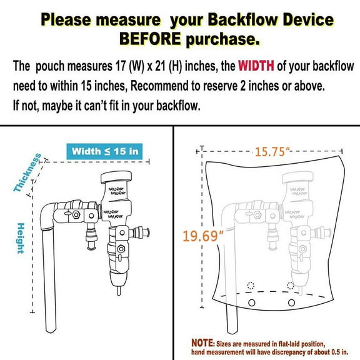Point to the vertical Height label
pyautogui.click(x=21, y=237)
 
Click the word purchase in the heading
pyautogui.click(x=217, y=40)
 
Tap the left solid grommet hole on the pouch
pyautogui.click(x=252, y=303)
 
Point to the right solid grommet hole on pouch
pyautogui.click(x=291, y=303)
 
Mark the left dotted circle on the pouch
pyautogui.click(x=251, y=286)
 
